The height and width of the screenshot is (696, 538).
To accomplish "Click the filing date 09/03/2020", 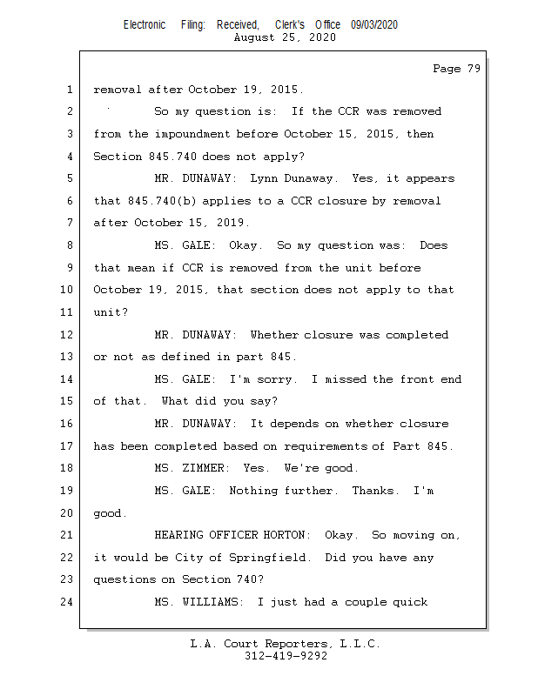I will (374, 25).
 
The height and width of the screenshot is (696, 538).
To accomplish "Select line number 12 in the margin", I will (69, 335).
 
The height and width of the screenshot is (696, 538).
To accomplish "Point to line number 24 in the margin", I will (69, 602).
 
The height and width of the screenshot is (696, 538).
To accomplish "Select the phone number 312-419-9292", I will (286, 656).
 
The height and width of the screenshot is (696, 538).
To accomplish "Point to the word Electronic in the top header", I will (145, 25).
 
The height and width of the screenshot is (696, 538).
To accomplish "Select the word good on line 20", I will (109, 513).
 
